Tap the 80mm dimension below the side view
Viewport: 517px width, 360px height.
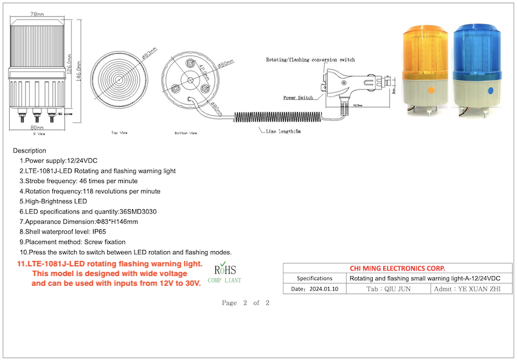(36, 128)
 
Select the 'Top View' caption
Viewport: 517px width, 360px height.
(119, 132)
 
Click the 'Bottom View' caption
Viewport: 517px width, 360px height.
(185, 132)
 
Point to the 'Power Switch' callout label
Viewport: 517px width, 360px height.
(298, 97)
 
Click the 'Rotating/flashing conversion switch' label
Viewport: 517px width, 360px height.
(310, 60)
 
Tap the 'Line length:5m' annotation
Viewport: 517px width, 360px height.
(285, 131)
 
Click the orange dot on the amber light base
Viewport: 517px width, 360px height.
(431, 91)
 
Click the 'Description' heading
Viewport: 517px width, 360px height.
(29, 150)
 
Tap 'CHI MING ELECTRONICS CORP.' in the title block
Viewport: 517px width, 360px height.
(397, 268)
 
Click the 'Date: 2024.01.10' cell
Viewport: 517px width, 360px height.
(314, 289)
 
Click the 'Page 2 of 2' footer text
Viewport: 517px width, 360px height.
(246, 303)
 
